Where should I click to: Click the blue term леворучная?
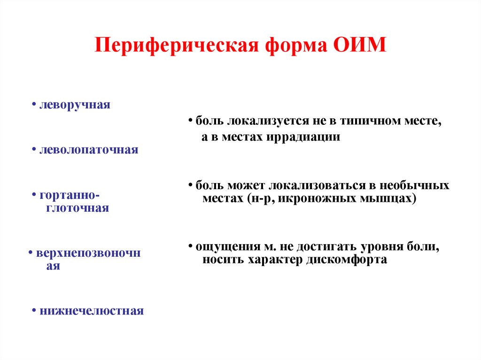coord(75,105)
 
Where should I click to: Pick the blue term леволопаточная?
coord(89,151)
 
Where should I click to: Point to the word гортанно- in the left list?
coord(70,195)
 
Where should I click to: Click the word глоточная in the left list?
coord(77,208)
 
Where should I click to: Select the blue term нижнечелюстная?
coord(92,311)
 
